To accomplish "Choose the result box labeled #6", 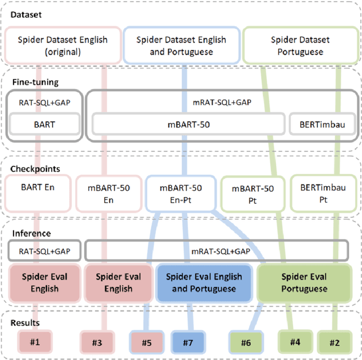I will [x=245, y=342].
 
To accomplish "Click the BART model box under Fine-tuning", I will [x=45, y=124].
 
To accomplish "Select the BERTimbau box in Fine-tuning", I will [x=321, y=124].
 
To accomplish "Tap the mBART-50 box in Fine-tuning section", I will [x=187, y=124].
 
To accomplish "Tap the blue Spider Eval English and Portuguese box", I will [x=204, y=282].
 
